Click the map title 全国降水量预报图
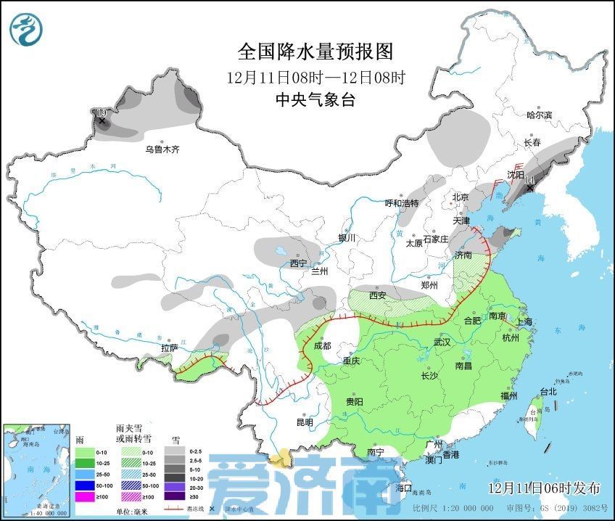[x=315, y=52]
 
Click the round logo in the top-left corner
[x=26, y=29]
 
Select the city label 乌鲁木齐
[x=161, y=149]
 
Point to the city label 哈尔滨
[x=539, y=115]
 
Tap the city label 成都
[x=323, y=346]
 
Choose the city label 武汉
[x=442, y=341]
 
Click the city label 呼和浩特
[x=401, y=202]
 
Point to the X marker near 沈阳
[x=530, y=189]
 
